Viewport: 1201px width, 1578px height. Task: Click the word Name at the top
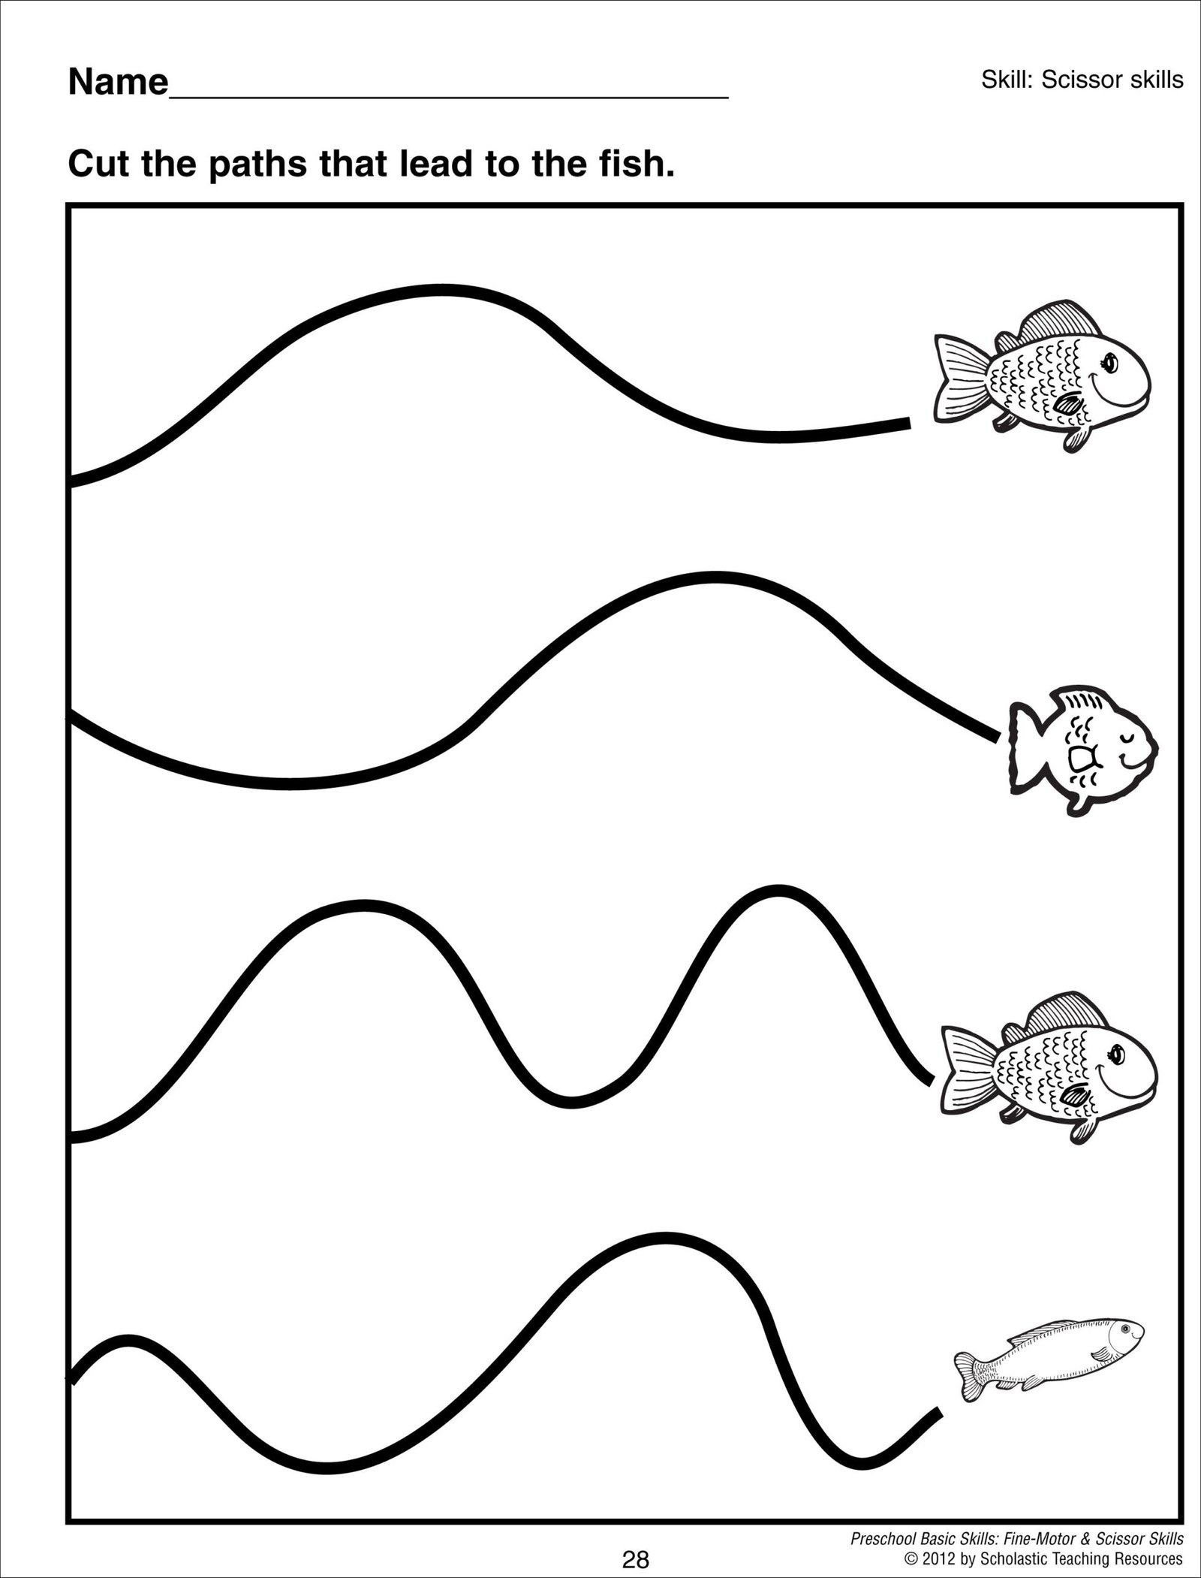118,82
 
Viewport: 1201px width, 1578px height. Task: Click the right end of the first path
907,424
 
